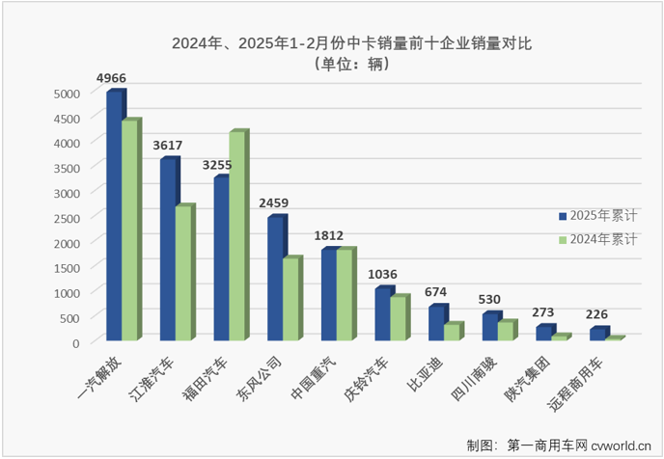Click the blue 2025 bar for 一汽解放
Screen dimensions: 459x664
pos(114,216)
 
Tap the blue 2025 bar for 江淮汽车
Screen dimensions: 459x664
pos(168,250)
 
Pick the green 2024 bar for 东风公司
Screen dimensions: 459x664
pos(291,299)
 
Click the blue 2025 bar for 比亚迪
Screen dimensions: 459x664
pos(437,323)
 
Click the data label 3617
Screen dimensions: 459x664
pos(169,145)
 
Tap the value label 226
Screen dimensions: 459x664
pos(597,314)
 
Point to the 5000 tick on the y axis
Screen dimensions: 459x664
pos(67,94)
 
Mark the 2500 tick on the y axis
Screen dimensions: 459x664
pos(67,218)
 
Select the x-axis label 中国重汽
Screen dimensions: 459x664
pos(309,379)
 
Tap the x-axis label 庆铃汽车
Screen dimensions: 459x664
pos(364,379)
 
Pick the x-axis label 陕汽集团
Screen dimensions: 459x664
pos(525,379)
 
